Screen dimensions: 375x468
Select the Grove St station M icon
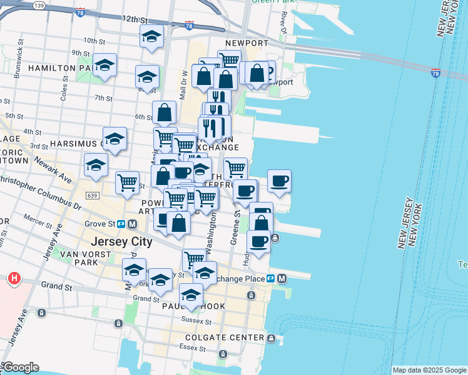(x=132, y=224)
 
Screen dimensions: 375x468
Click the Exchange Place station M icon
(x=282, y=278)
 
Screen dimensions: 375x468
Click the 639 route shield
(x=92, y=196)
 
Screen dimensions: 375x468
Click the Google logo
(x=20, y=367)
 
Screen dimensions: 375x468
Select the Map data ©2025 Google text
(x=429, y=370)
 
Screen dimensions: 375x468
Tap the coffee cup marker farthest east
(x=279, y=181)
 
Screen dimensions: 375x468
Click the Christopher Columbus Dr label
(x=44, y=191)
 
